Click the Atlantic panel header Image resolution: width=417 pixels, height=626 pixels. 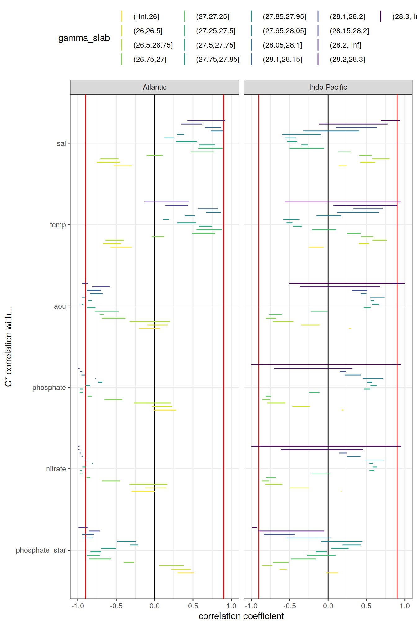tap(155, 87)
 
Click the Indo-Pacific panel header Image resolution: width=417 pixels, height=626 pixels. tap(328, 87)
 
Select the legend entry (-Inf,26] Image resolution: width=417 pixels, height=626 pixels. tap(146, 16)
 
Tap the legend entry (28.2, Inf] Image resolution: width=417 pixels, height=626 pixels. tap(345, 45)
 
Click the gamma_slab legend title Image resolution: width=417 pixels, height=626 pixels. tap(84, 38)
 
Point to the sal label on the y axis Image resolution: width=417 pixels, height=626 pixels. tap(61, 143)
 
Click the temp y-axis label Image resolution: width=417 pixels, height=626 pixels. tap(58, 225)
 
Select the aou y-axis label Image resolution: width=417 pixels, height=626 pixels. tap(60, 306)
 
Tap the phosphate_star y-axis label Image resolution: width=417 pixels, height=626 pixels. tap(41, 550)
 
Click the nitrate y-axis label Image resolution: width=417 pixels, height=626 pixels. tap(56, 469)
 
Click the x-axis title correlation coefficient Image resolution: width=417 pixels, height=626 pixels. tap(241, 616)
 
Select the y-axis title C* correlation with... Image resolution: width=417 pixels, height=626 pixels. tap(8, 347)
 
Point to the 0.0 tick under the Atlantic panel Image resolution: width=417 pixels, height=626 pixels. tap(155, 606)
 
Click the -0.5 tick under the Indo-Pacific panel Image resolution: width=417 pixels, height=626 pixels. tap(289, 606)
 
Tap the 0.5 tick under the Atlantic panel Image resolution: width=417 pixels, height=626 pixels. tap(193, 606)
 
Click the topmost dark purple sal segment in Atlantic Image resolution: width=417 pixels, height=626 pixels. tap(206, 120)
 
